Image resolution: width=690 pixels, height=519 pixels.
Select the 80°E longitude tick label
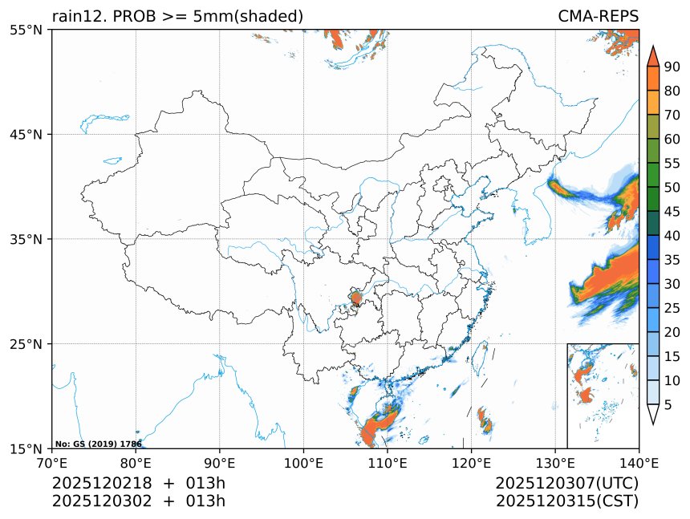pyautogui.click(x=136, y=463)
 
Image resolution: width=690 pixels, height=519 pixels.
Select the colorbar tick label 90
pyautogui.click(x=672, y=67)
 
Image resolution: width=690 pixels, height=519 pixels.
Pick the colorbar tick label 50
pyautogui.click(x=672, y=187)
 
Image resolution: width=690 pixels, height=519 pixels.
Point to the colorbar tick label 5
pyautogui.click(x=668, y=405)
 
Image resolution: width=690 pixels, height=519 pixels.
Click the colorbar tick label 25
pyautogui.click(x=672, y=308)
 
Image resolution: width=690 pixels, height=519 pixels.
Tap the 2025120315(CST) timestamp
pyautogui.click(x=566, y=501)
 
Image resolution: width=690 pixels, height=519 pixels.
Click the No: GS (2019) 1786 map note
pyautogui.click(x=99, y=444)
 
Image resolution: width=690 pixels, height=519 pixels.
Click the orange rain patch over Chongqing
pyautogui.click(x=356, y=299)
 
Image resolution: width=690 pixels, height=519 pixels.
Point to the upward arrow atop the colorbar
pyautogui.click(x=652, y=55)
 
